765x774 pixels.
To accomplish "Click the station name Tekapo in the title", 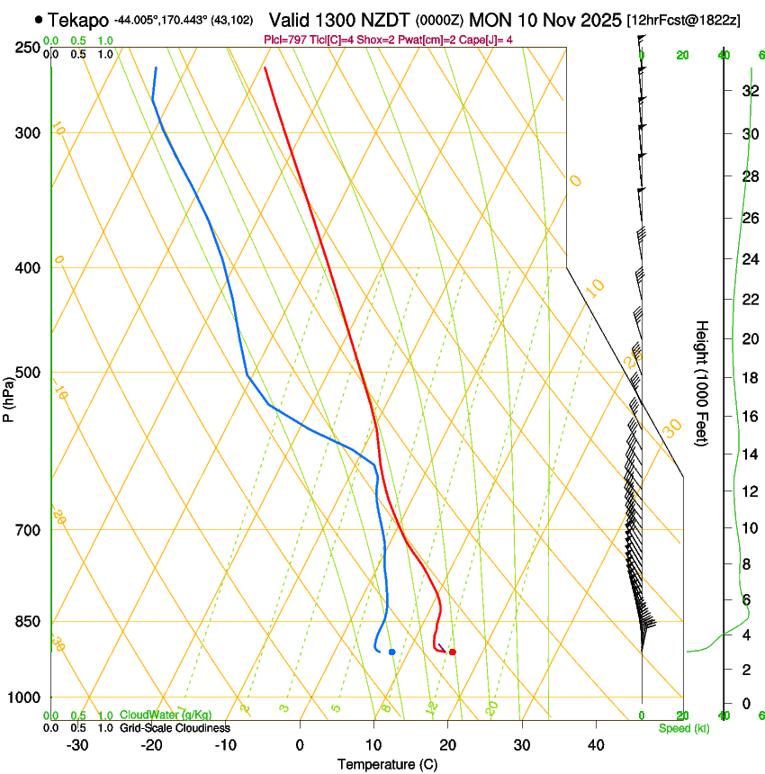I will (78, 20).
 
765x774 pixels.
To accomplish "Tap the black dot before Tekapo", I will (38, 20).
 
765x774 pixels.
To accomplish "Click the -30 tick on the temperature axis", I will (77, 744).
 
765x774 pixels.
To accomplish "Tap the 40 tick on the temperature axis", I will (595, 744).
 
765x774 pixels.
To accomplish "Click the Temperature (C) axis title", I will (387, 764).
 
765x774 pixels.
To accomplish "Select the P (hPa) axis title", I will (9, 396).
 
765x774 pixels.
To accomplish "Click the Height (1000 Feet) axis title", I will (702, 382).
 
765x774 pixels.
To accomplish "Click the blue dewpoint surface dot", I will (392, 652).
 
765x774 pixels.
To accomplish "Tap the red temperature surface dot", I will (453, 652).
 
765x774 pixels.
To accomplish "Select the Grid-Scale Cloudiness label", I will (175, 728).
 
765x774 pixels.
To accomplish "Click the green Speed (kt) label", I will (684, 728).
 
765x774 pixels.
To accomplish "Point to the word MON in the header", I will (492, 20).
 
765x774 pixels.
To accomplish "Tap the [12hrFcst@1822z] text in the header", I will (684, 20).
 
